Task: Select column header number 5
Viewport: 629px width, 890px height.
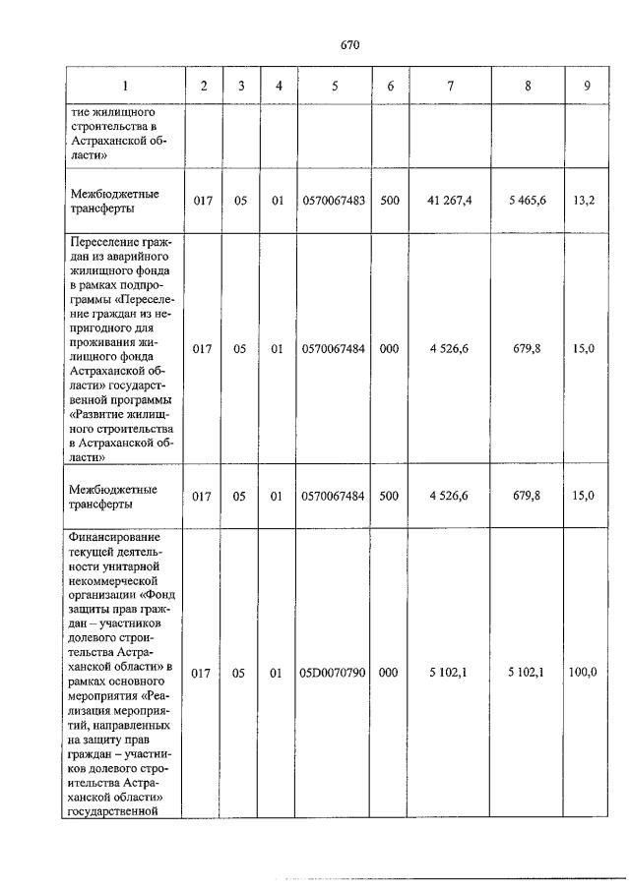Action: [335, 86]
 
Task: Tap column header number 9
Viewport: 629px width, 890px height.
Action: [587, 86]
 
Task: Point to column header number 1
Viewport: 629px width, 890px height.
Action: [126, 86]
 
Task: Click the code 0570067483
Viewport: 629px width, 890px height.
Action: [335, 201]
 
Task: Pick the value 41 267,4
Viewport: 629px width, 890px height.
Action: [451, 201]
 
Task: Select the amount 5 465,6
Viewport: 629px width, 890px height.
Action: [529, 201]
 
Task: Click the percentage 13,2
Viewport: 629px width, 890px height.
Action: [585, 201]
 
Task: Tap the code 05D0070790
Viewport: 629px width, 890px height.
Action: [335, 674]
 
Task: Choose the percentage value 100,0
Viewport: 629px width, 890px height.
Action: [586, 674]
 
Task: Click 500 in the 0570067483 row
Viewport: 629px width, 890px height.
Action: [390, 201]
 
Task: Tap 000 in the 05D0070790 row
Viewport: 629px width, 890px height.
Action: [390, 674]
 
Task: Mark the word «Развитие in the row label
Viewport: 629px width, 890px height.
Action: [101, 416]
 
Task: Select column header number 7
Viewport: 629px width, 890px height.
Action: [451, 86]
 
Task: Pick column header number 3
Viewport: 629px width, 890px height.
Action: [239, 86]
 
